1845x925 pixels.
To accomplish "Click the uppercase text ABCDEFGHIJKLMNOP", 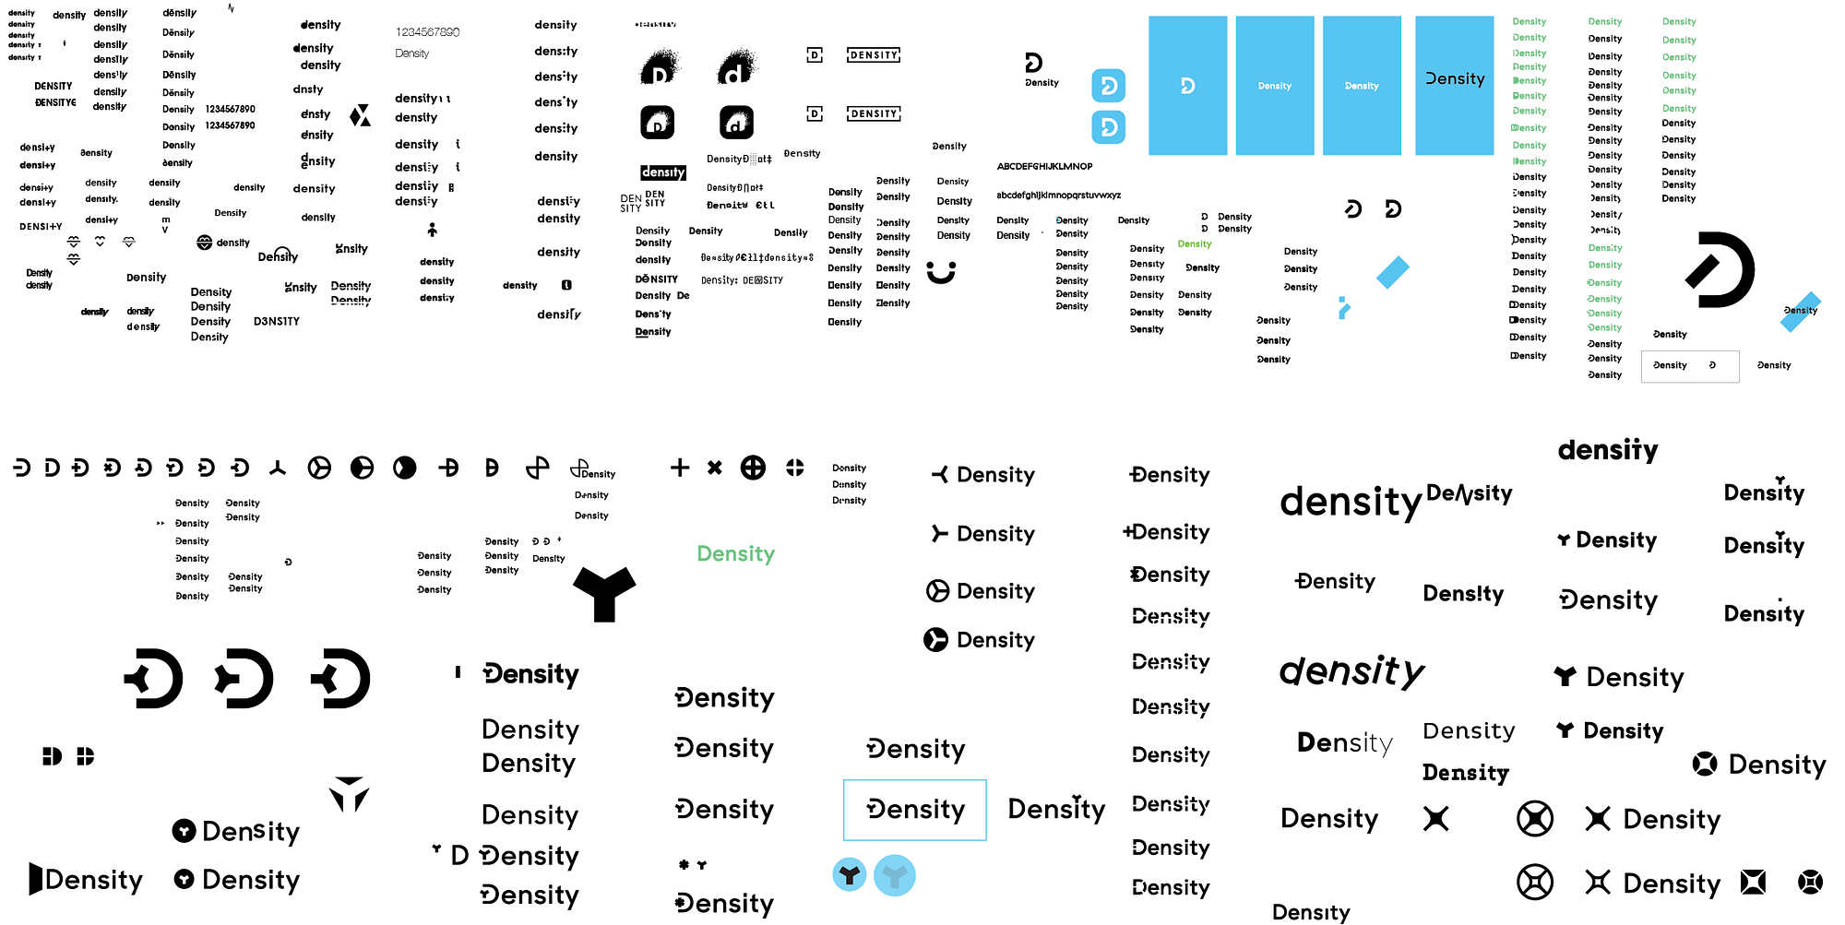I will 1044,167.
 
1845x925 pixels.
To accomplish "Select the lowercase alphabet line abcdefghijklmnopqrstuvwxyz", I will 1058,196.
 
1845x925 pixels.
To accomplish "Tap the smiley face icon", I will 941,272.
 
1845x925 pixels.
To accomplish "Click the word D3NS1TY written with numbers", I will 277,322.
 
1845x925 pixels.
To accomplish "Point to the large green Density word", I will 735,554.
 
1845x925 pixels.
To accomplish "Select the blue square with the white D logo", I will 1187,86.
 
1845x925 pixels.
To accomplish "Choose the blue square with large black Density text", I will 1454,86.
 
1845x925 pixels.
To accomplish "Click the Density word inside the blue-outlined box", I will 915,810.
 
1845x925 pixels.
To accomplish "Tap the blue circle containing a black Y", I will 850,874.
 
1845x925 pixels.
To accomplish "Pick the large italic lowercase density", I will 1351,670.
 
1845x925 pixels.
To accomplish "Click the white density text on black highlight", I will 663,172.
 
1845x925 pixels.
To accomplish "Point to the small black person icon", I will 432,230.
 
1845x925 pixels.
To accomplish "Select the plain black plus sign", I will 680,468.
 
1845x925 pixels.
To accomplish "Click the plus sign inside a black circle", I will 753,468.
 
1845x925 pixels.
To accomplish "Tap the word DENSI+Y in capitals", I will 41,227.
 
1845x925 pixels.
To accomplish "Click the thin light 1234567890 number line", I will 427,32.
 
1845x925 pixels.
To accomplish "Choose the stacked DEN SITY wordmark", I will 643,201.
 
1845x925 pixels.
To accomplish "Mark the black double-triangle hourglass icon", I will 360,115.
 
